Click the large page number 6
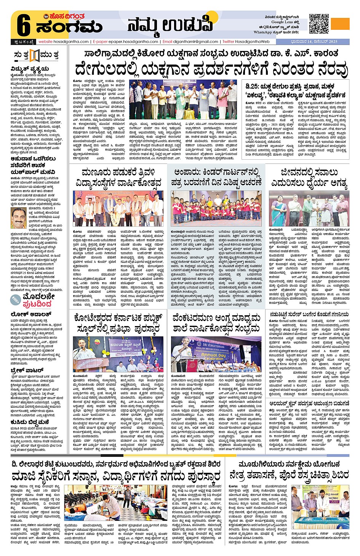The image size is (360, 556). coord(23,27)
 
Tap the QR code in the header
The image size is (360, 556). coord(319,24)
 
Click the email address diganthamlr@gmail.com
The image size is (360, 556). coord(196,42)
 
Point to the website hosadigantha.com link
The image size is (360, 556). coord(64,42)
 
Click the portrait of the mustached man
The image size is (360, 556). coord(18,218)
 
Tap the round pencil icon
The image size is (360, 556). coord(16,300)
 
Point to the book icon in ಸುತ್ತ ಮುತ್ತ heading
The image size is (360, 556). coord(34,56)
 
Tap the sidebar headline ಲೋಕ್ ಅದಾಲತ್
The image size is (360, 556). coord(30,314)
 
